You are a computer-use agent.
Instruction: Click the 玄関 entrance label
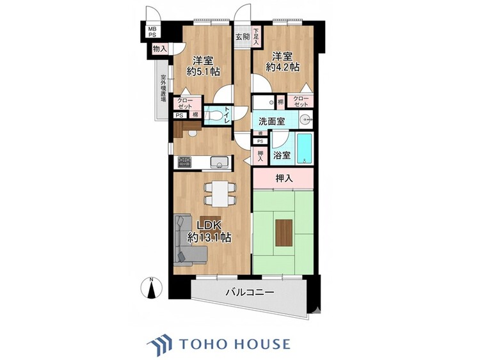(x=242, y=37)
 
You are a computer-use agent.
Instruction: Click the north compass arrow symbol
(x=152, y=288)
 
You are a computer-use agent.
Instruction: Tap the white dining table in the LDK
(x=218, y=192)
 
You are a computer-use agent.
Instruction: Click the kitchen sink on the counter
(x=219, y=164)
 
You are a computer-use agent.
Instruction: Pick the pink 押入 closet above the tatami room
(x=284, y=179)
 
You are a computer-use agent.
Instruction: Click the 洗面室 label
(x=271, y=121)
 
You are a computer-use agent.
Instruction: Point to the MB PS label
(x=152, y=32)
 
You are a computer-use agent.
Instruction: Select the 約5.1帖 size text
(x=204, y=72)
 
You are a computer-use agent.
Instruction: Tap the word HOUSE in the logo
(x=260, y=344)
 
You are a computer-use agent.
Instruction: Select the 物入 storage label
(x=159, y=49)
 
